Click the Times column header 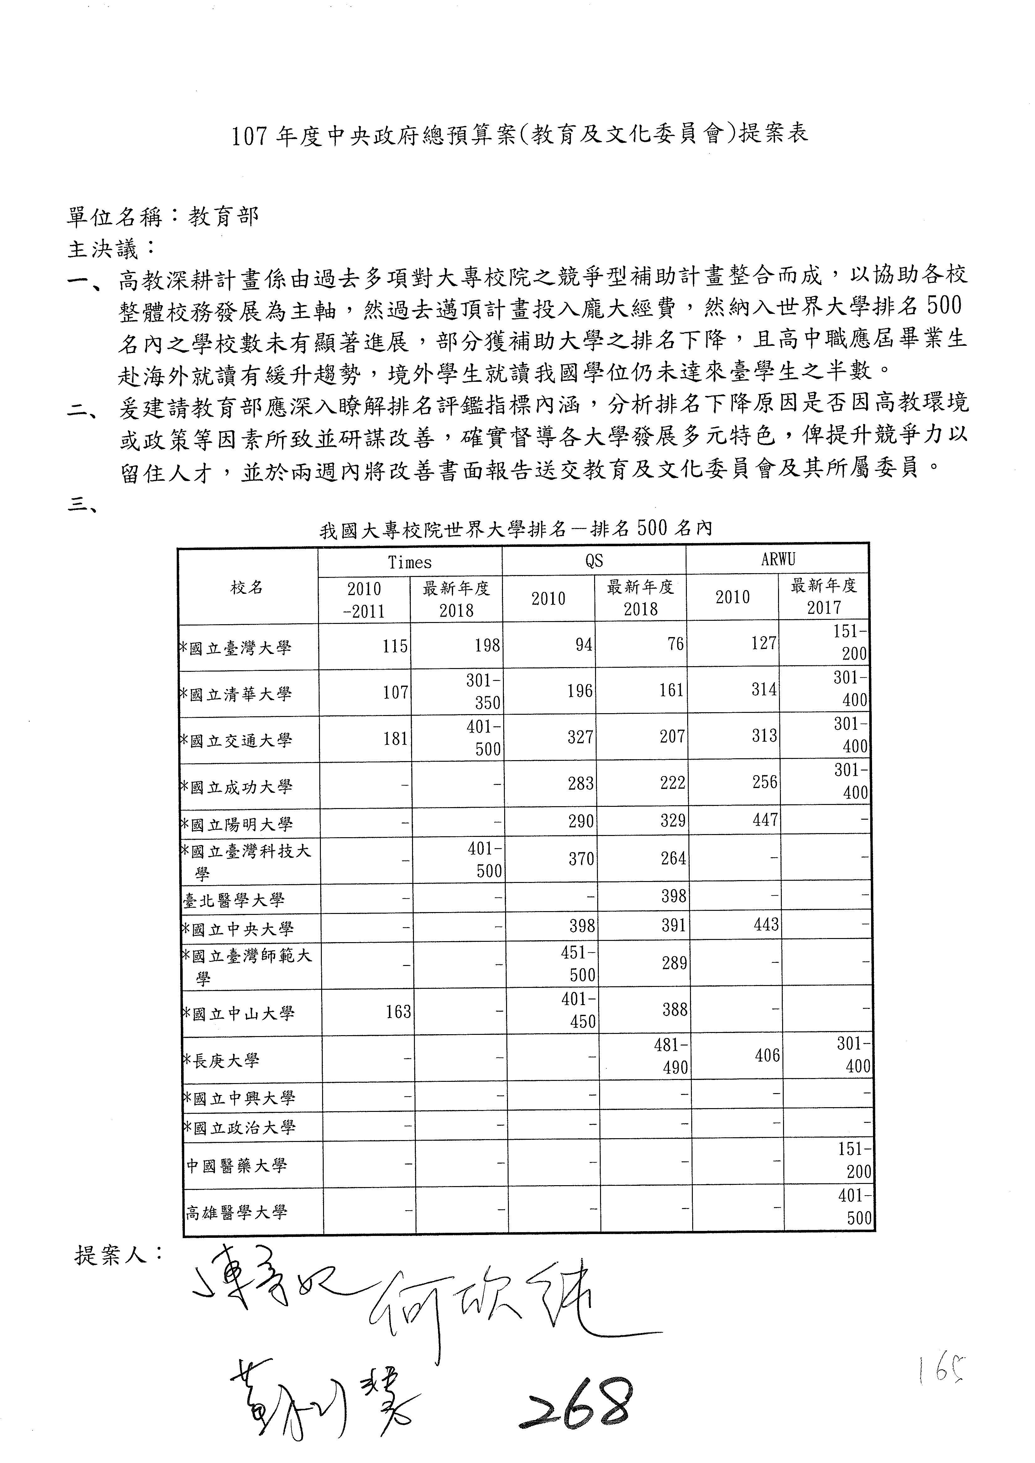click(410, 562)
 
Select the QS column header click(594, 561)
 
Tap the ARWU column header click(777, 559)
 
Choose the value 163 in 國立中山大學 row click(398, 1012)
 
